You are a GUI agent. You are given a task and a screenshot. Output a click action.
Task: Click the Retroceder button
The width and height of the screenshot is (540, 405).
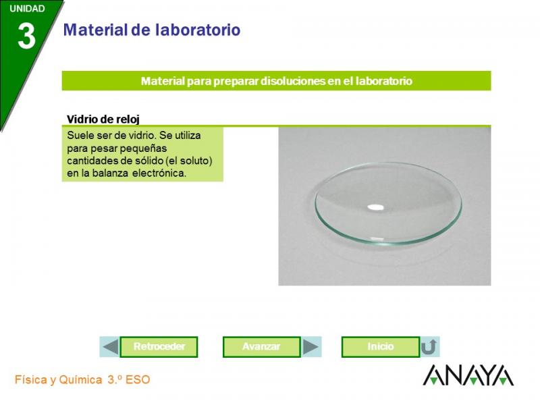(x=159, y=347)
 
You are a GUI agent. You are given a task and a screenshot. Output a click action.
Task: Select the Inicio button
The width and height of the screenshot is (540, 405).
(x=381, y=347)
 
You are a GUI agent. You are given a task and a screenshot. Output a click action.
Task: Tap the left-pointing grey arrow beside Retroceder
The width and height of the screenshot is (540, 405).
(x=110, y=347)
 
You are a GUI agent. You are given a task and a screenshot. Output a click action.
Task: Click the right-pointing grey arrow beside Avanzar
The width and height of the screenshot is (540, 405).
(x=310, y=347)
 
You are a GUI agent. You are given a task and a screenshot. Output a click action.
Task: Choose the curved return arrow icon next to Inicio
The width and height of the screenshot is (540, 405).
(x=429, y=347)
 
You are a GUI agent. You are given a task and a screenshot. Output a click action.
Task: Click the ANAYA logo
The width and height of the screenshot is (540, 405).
(x=468, y=375)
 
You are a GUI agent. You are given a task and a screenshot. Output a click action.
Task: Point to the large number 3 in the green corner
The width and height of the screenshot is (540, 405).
(x=26, y=37)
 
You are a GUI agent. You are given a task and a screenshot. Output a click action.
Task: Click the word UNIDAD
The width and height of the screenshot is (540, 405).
(x=27, y=9)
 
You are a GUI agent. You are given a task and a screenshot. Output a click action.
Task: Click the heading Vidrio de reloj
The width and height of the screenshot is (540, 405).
(x=103, y=119)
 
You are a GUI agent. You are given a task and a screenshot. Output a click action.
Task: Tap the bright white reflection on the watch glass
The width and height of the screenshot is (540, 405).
(x=375, y=207)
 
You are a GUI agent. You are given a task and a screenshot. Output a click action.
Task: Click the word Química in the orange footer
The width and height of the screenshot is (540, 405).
(x=80, y=380)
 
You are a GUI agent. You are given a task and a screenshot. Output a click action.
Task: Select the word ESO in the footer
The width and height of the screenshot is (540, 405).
(x=138, y=380)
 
